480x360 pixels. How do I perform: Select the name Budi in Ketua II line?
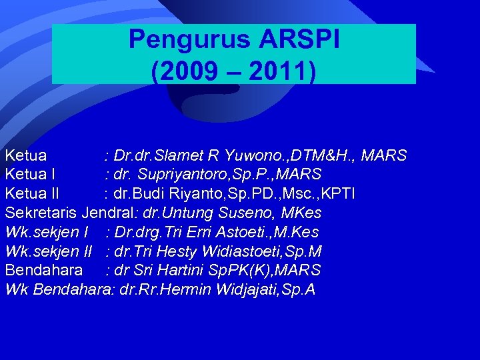(145, 194)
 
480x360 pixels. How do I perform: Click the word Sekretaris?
(41, 213)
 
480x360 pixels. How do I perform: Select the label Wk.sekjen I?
(47, 233)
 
